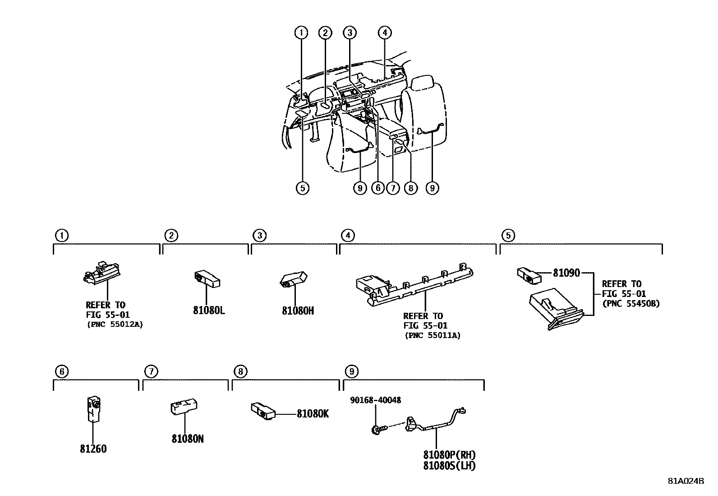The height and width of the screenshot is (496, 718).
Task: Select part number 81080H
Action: pos(298,311)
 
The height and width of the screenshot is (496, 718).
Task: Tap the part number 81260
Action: pos(93,449)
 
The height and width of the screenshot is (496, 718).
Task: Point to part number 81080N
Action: pos(187,438)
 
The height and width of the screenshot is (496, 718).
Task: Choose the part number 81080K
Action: pos(313,413)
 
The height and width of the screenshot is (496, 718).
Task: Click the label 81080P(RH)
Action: pos(449,454)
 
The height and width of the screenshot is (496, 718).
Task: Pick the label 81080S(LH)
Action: pos(449,466)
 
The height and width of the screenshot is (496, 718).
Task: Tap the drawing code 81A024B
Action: pos(686,481)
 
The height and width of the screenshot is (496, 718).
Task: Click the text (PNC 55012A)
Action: pos(114,324)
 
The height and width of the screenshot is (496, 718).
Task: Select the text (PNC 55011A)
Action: pos(433,335)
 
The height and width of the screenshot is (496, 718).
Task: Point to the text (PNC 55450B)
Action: pos(631,303)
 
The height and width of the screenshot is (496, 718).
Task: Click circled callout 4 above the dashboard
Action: pos(384,32)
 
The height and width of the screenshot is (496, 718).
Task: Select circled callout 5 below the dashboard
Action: pos(302,188)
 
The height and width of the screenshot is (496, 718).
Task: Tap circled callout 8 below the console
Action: pos(410,188)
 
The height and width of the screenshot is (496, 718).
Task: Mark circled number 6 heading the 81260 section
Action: pos(61,371)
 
